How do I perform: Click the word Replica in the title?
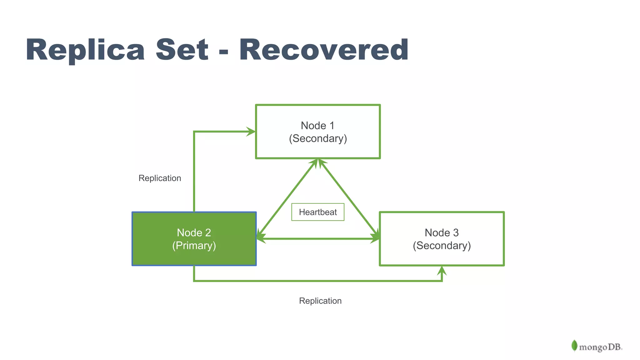pyautogui.click(x=85, y=50)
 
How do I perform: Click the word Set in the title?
pyautogui.click(x=182, y=50)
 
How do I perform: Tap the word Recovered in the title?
pyautogui.click(x=324, y=50)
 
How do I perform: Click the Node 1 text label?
pyautogui.click(x=317, y=126)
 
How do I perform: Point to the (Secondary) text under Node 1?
pyautogui.click(x=318, y=138)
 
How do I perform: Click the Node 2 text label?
pyautogui.click(x=194, y=233)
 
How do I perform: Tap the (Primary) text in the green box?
pyautogui.click(x=194, y=246)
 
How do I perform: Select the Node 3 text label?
pyautogui.click(x=442, y=233)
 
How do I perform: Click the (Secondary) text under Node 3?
pyautogui.click(x=442, y=246)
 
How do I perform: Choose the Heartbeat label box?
pyautogui.click(x=318, y=212)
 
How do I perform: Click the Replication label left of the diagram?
pyautogui.click(x=160, y=178)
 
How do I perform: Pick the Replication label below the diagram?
pyautogui.click(x=320, y=301)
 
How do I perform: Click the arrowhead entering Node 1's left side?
pyautogui.click(x=251, y=132)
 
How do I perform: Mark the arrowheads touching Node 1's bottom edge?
pyautogui.click(x=318, y=163)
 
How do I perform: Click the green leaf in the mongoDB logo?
pyautogui.click(x=574, y=346)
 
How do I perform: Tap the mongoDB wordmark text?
pyautogui.click(x=600, y=347)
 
